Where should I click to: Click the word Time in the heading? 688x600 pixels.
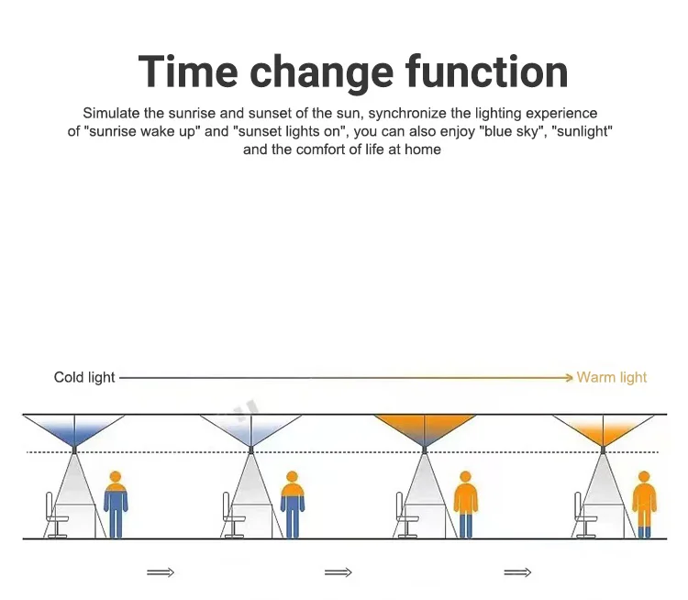coord(188,72)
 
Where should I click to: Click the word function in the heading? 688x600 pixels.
coord(486,72)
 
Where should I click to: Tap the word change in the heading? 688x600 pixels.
coord(322,74)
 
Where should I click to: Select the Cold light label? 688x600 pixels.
coord(84,377)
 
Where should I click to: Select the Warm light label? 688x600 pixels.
coord(612,377)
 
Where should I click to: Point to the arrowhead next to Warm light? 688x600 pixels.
coord(570,377)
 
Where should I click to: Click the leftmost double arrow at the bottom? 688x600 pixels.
coord(161,572)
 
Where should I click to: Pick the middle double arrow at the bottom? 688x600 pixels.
coord(338,572)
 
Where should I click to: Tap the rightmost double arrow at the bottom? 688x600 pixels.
coord(517,572)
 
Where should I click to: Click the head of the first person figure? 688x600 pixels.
coord(116,477)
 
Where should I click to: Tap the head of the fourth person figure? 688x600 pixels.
coord(644,477)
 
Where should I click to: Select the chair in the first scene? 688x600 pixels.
coord(56,515)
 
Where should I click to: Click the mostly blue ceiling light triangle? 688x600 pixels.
coord(74,429)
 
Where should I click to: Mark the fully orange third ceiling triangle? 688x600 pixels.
coord(425,429)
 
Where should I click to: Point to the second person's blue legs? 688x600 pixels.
coord(293,520)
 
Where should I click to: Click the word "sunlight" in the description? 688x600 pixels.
coord(582,131)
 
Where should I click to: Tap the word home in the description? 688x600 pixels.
coord(423,150)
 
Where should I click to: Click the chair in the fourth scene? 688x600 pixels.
coord(585,515)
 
